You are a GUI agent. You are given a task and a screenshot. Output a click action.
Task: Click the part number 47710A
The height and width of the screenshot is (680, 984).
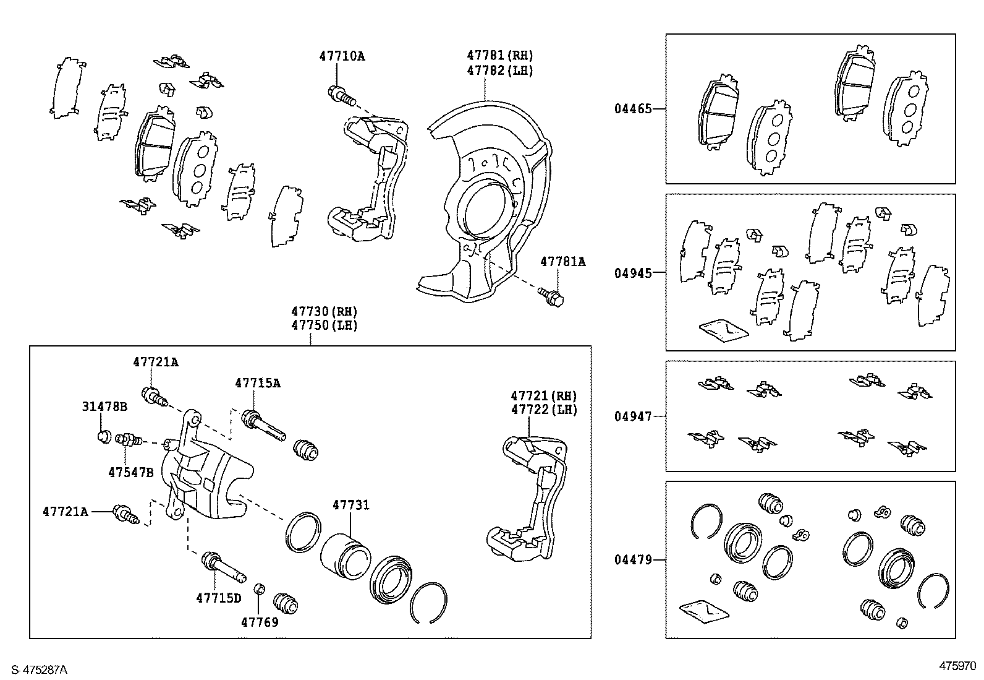(342, 56)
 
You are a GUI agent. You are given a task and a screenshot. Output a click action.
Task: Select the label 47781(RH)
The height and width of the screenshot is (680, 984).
(499, 56)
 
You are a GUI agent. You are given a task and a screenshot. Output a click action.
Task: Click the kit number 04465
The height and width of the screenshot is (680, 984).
(632, 109)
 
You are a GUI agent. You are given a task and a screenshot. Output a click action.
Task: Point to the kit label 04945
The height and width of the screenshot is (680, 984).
(632, 273)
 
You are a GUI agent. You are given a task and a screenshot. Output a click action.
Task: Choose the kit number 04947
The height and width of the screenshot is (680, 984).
(632, 416)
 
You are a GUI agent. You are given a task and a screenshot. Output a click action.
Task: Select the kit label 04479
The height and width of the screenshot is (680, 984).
(632, 560)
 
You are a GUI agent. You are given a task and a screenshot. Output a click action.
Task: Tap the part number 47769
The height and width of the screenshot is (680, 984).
(260, 622)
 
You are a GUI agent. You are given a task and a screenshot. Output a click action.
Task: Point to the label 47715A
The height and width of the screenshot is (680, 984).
(257, 383)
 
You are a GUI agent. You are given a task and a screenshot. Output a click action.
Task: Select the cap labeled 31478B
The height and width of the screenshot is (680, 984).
(104, 436)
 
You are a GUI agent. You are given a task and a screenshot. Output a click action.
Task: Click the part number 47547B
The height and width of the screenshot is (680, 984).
(130, 472)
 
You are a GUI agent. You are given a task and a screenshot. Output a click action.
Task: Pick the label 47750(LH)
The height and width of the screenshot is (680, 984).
(324, 325)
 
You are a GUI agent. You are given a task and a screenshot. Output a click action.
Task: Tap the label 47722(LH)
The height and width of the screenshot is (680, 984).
(543, 410)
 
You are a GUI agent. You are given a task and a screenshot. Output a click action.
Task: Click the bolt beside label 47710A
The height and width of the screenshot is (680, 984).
(341, 95)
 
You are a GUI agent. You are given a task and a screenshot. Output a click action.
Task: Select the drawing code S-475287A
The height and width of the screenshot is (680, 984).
(36, 670)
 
